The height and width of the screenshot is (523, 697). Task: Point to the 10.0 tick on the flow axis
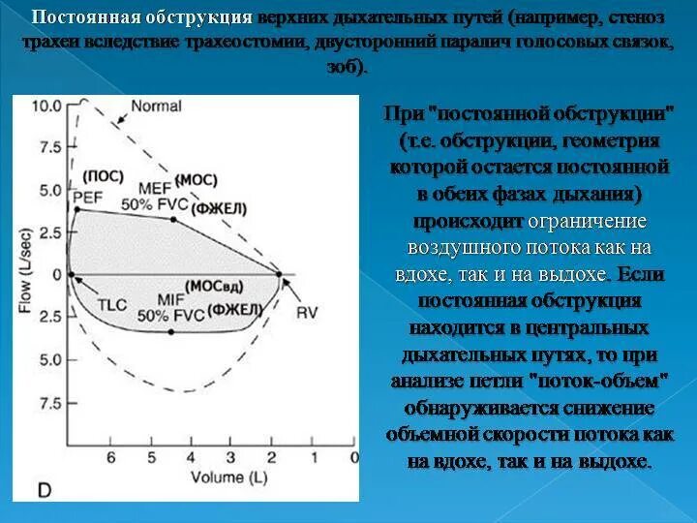[47, 106]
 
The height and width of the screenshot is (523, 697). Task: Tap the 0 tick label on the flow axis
[56, 275]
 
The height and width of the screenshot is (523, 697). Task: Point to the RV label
[307, 313]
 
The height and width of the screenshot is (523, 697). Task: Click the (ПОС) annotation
[103, 176]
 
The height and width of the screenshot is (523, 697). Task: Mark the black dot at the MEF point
[173, 220]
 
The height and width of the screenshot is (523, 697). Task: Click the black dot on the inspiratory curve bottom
[171, 332]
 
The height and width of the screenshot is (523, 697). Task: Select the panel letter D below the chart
[45, 491]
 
